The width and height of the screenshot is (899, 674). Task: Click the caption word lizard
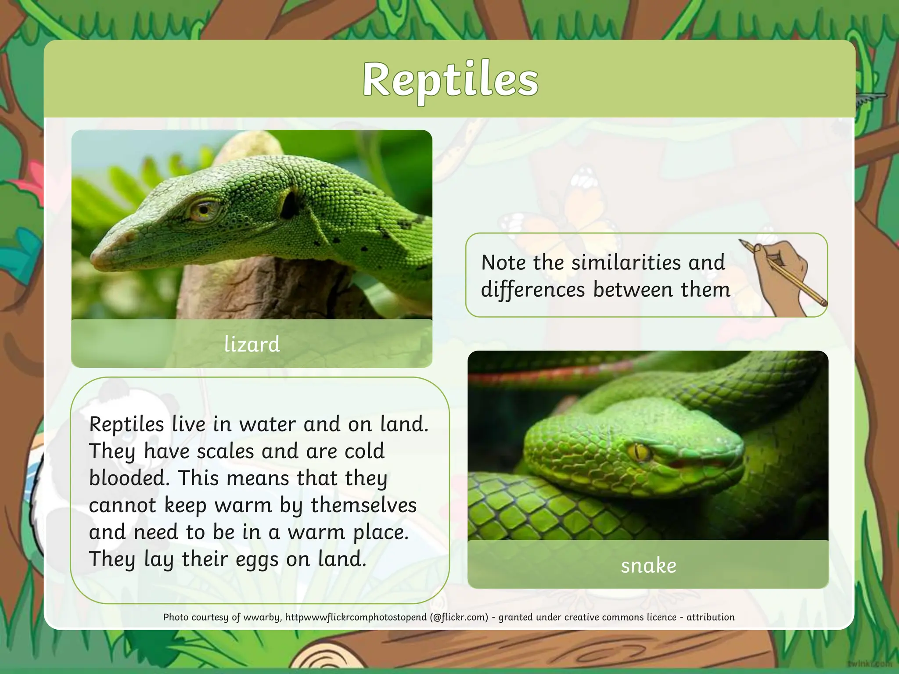click(252, 344)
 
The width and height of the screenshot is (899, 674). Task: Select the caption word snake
click(648, 566)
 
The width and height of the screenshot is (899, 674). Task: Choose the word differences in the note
click(533, 290)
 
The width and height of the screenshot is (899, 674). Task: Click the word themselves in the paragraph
click(363, 505)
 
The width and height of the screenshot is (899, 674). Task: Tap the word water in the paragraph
click(268, 424)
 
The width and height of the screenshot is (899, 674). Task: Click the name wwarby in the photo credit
click(262, 617)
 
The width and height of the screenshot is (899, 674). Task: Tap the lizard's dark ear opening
click(290, 204)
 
